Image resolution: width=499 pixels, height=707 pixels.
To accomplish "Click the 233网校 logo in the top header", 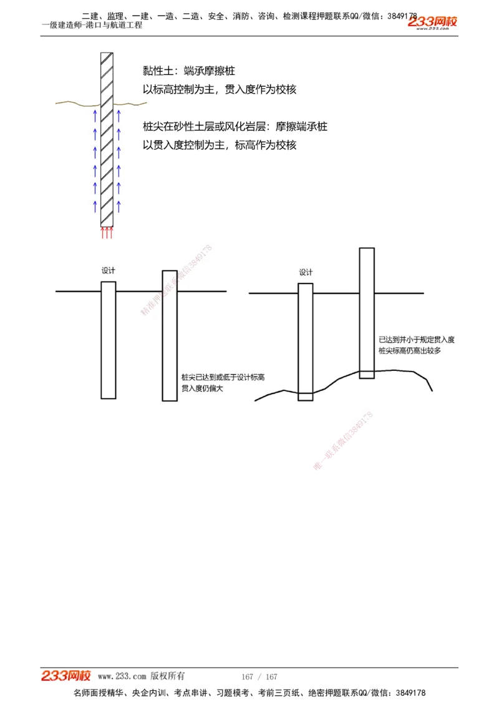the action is [432, 22].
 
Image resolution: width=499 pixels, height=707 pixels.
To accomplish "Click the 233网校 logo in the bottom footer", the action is [66, 676].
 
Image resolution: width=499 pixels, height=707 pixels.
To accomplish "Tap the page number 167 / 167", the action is [259, 677].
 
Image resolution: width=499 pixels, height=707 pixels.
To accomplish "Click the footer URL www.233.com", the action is [122, 676].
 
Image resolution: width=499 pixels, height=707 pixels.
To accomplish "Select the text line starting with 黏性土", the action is [188, 71].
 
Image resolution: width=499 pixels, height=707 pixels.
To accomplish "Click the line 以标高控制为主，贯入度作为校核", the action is [220, 89].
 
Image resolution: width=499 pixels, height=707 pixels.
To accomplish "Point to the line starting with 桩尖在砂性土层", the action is [235, 127].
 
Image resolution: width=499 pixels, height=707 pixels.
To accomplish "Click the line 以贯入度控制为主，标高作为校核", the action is [220, 145].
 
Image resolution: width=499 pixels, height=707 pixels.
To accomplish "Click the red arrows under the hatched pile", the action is [107, 233].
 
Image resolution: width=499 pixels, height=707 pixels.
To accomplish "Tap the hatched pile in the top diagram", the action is [107, 137].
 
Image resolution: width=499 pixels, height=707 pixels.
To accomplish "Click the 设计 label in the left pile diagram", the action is [108, 270].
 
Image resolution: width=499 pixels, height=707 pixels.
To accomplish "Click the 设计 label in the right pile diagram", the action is [305, 272].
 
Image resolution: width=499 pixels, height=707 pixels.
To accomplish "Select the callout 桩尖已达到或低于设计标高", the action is [223, 377].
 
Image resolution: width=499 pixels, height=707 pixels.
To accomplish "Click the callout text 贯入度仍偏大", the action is [202, 388].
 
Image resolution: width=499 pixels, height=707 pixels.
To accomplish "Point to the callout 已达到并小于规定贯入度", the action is [416, 340].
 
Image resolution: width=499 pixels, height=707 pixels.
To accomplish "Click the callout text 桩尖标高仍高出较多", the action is [410, 351].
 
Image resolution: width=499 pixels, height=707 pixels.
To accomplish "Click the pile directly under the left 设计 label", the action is [108, 340].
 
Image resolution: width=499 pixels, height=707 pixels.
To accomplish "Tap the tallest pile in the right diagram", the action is [367, 312].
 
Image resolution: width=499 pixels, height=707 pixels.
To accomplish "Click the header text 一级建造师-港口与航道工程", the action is [92, 25].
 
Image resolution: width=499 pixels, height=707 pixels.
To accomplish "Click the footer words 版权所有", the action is [168, 676].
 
